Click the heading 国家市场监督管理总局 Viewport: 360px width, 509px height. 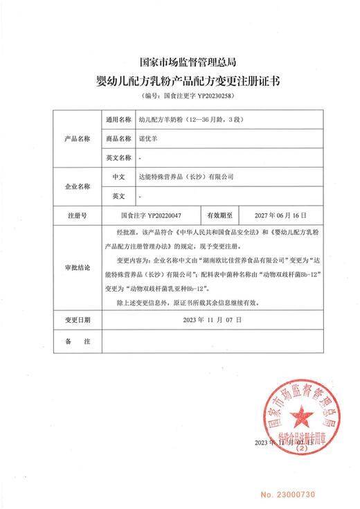(179, 61)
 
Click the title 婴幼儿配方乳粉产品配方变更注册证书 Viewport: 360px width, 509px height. (179, 80)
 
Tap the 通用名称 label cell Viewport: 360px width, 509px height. (116, 119)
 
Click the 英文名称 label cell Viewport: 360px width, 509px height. (116, 158)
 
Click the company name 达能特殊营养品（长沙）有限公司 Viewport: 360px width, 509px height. (186, 177)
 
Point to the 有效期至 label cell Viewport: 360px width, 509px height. (219, 215)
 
